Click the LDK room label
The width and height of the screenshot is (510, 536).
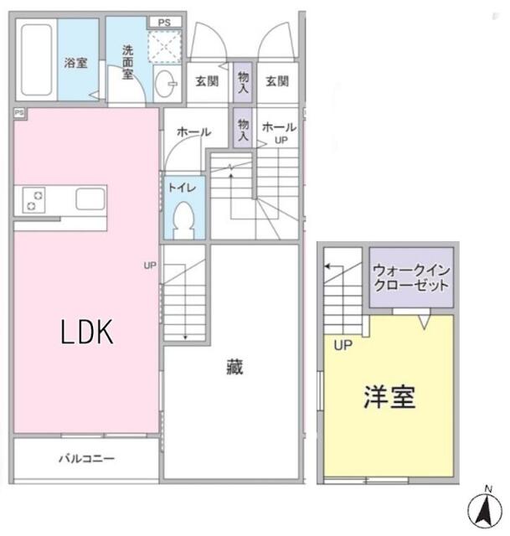(87, 332)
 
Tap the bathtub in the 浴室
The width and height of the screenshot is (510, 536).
(37, 59)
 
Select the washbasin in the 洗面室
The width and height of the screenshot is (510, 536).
(166, 84)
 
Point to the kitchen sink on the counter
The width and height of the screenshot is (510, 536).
(90, 199)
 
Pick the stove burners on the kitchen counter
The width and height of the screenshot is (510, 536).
(33, 200)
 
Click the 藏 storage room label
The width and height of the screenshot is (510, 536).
(234, 367)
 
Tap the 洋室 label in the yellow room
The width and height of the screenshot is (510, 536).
(389, 396)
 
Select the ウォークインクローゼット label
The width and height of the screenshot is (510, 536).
(411, 277)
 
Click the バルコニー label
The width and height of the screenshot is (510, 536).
(87, 458)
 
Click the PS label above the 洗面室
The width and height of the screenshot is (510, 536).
(164, 23)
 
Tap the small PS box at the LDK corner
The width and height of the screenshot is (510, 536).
(19, 112)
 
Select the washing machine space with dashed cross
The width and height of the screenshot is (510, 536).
(164, 47)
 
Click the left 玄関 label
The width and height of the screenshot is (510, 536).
(207, 81)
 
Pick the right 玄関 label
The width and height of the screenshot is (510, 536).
(277, 81)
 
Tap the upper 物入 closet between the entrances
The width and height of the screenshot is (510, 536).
(243, 82)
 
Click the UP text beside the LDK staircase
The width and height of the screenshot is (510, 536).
(150, 265)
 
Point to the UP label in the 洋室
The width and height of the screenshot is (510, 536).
(343, 345)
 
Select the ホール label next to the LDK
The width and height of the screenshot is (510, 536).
(193, 132)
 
